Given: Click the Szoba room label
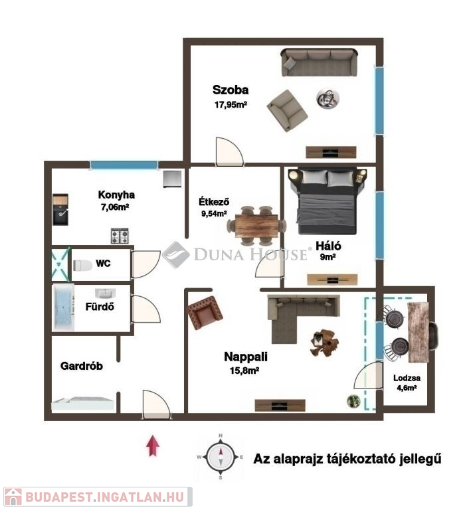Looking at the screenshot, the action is point(231,90).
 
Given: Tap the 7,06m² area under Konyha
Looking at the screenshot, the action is point(115,207).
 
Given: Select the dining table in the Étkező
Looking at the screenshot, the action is point(256,225).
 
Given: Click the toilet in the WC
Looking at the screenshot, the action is point(82,266).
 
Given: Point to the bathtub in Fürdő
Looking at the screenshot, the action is point(64,307).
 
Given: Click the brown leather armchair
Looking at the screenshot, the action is point(205,312).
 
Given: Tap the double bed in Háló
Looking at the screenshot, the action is point(327,201).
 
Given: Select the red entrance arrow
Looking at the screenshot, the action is point(153,446).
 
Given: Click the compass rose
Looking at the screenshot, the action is point(221,456).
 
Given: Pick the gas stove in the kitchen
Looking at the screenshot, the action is point(120,236).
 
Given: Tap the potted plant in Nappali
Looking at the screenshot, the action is point(353,400).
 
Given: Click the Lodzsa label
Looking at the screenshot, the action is point(407,378).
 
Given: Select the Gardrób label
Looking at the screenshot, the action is point(82,366).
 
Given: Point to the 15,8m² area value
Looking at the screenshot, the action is point(244,371).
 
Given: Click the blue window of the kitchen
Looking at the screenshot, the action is point(124,165).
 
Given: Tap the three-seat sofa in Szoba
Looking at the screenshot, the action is point(319,62).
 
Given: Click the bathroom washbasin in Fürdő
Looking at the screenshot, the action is point(106,293).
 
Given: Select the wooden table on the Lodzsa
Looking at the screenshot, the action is point(419,332).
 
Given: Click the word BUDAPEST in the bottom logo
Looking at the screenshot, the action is point(58,497).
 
